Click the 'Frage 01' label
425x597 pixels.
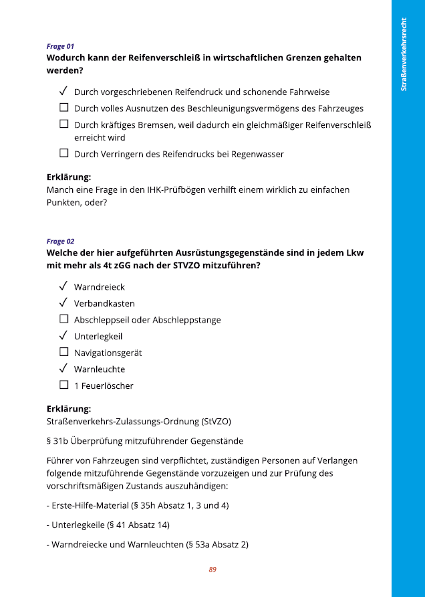60,46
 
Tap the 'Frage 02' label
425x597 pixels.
60,241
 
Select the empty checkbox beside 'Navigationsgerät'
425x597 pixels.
64,352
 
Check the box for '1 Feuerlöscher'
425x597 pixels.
64,385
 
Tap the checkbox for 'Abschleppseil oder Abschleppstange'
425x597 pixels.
64,319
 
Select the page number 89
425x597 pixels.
212,570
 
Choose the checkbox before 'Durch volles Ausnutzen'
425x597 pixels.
64,107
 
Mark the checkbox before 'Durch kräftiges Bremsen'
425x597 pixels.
64,124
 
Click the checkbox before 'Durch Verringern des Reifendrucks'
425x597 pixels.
64,153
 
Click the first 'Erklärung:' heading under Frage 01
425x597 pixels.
69,177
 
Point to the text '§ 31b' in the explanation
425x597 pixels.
57,440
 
